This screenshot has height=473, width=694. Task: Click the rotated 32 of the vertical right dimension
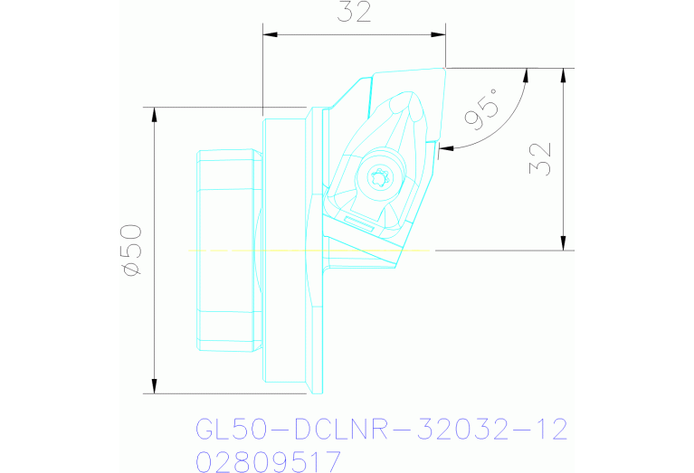click(x=544, y=159)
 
